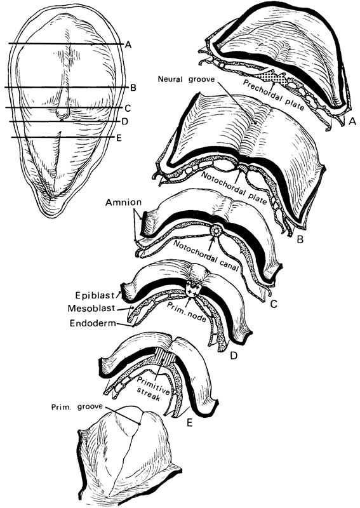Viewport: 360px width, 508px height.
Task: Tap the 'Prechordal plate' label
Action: pyautogui.click(x=274, y=95)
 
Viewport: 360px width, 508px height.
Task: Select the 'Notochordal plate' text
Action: pyautogui.click(x=234, y=188)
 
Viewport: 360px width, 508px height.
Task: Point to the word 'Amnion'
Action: pyautogui.click(x=123, y=203)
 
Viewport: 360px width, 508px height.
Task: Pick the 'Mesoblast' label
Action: pyautogui.click(x=91, y=308)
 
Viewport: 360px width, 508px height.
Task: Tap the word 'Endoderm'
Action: pyautogui.click(x=93, y=323)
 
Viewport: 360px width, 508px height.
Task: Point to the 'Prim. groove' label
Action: pyautogui.click(x=76, y=407)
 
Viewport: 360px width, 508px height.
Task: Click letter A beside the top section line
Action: pyautogui.click(x=128, y=45)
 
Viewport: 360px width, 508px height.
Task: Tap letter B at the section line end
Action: pyautogui.click(x=133, y=88)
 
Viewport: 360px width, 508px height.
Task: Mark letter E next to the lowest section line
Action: pyautogui.click(x=119, y=138)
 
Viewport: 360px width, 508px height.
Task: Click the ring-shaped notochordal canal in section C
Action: pyautogui.click(x=215, y=231)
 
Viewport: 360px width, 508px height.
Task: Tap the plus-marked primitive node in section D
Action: pyautogui.click(x=192, y=290)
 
